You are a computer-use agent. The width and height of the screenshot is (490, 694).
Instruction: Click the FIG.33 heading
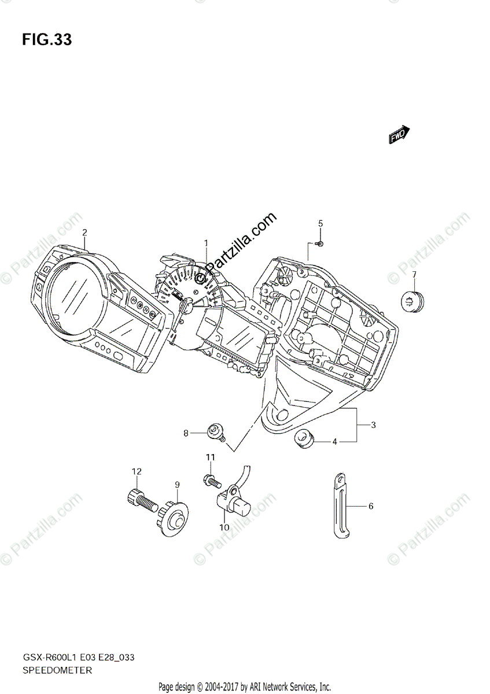(47, 40)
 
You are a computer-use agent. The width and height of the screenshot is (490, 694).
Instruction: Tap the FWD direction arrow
(399, 135)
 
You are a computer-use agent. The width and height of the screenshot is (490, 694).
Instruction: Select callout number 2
(84, 233)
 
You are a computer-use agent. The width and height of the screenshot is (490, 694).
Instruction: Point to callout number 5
(320, 223)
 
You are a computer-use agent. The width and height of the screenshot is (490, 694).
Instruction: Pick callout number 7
(414, 274)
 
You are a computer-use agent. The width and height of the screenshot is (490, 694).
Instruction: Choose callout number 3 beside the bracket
(373, 425)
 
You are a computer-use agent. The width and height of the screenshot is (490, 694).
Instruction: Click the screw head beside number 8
(216, 430)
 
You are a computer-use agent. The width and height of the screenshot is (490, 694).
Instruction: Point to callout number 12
(136, 471)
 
